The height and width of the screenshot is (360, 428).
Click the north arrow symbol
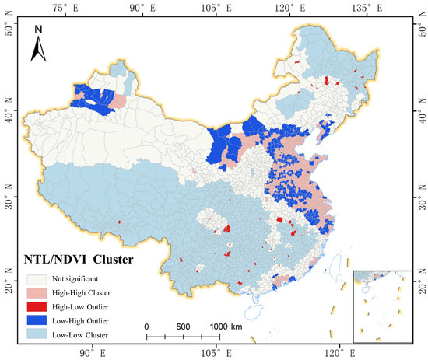pyautogui.click(x=38, y=49)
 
